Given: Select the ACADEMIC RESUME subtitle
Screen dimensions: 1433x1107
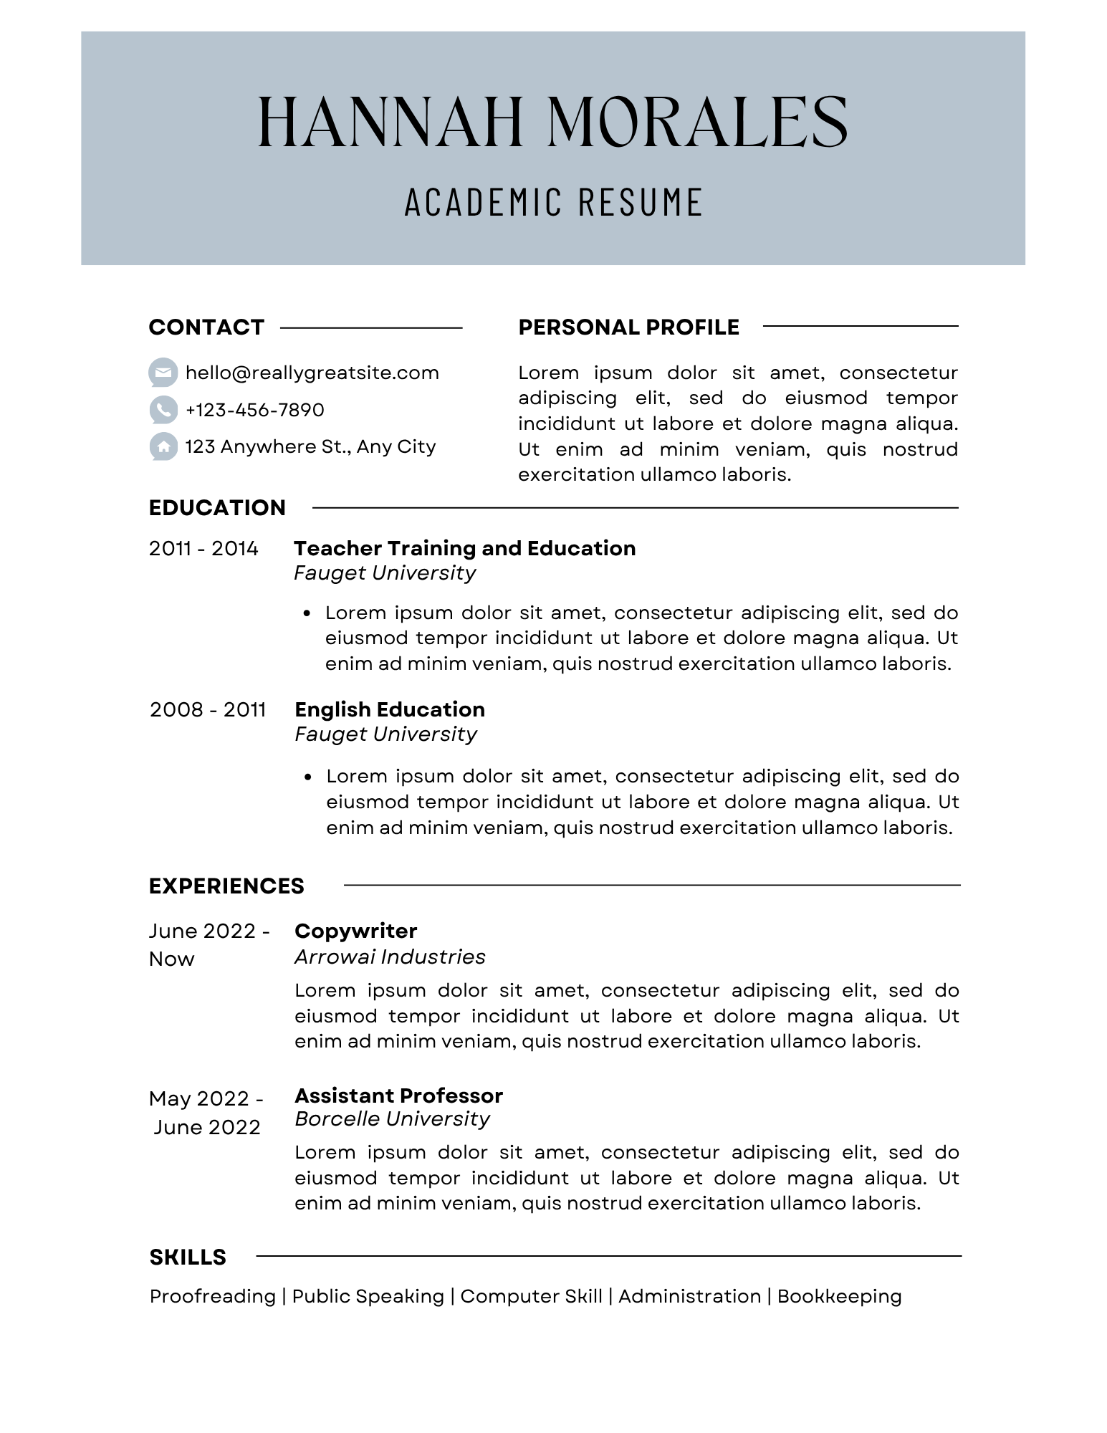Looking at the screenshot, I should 553,202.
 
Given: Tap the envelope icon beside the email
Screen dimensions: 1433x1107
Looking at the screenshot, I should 163,373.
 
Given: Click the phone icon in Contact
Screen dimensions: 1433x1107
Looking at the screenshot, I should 163,410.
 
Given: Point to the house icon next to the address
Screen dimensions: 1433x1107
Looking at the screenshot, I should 163,447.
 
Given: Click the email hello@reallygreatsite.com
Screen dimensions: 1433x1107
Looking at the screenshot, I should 312,373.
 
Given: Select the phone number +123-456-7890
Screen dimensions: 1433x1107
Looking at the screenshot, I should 254,410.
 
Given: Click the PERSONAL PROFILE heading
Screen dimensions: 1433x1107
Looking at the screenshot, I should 628,327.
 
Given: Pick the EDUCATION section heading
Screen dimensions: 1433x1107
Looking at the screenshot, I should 217,508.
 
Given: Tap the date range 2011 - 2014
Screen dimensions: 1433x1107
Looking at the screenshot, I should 203,549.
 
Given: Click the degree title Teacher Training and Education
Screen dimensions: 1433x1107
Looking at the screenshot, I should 464,549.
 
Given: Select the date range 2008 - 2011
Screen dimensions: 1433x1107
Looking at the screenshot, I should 208,710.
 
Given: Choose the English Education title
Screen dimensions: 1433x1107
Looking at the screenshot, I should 390,710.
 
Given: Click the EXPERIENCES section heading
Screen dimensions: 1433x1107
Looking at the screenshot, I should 226,886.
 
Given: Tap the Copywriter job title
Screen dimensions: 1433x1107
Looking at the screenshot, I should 355,931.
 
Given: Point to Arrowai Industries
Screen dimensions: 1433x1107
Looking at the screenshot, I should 390,957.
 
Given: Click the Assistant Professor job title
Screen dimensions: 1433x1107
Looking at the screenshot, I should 398,1096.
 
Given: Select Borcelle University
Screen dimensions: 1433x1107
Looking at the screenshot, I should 392,1119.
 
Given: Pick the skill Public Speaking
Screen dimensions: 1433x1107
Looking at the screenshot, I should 368,1297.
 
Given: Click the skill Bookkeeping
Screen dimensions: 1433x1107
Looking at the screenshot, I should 839,1297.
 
